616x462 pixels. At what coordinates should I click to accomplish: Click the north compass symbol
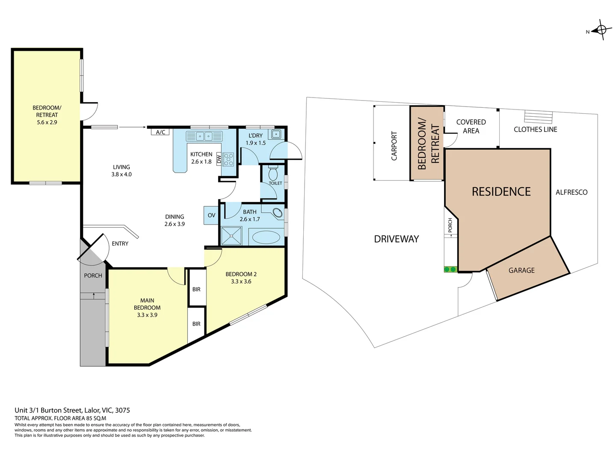click(x=601, y=30)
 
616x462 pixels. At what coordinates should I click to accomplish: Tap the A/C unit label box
click(x=160, y=132)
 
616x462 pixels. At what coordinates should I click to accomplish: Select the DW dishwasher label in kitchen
click(x=219, y=159)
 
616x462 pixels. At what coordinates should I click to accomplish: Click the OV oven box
click(x=211, y=215)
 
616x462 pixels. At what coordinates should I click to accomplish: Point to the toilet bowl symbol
click(x=273, y=173)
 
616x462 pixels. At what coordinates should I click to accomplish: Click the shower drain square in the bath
click(x=231, y=236)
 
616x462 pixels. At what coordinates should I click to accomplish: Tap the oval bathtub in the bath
click(x=266, y=237)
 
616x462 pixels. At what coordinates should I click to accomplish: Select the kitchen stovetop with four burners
click(x=228, y=159)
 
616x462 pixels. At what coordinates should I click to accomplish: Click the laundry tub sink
click(x=276, y=134)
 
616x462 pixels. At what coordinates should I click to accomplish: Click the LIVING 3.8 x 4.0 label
click(x=121, y=171)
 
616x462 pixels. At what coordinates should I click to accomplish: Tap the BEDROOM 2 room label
click(x=241, y=278)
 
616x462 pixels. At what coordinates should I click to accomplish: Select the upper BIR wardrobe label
click(x=196, y=290)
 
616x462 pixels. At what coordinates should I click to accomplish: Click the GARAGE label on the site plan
click(x=521, y=270)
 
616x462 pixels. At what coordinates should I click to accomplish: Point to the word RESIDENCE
click(x=501, y=192)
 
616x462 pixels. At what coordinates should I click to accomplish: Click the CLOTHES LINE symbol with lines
click(x=539, y=117)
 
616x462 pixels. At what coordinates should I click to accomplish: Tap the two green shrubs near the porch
click(x=450, y=269)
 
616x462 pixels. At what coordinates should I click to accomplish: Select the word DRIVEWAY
click(x=396, y=239)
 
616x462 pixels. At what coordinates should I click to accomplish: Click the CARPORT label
click(x=394, y=146)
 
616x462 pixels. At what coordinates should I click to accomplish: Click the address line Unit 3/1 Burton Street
click(x=72, y=410)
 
